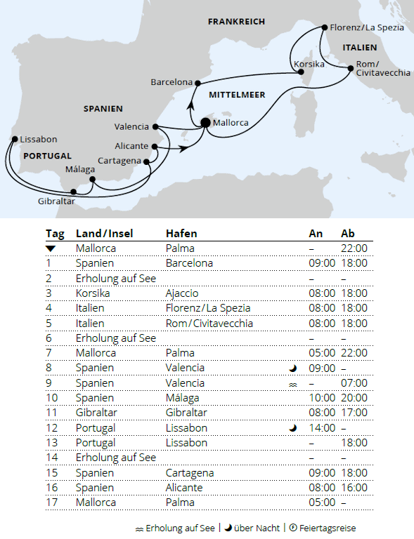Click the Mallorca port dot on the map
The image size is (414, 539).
[x=205, y=122]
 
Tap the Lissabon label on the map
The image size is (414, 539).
[x=39, y=139]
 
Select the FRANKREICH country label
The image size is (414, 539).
[x=236, y=22]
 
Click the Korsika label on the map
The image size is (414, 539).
[x=309, y=65]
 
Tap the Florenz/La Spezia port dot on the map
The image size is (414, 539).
[x=324, y=28]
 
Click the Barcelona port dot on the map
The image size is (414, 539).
[x=198, y=82]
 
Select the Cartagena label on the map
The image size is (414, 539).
[x=120, y=160]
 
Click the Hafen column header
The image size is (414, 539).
[x=181, y=234]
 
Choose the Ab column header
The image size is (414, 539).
[x=349, y=234]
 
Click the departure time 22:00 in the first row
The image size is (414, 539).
[x=354, y=248]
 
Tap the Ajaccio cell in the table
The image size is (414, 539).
[x=182, y=293]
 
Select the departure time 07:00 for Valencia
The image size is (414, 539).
[x=354, y=383]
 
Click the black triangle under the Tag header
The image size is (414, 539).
[x=51, y=248]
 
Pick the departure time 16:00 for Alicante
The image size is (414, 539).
[x=354, y=488]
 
